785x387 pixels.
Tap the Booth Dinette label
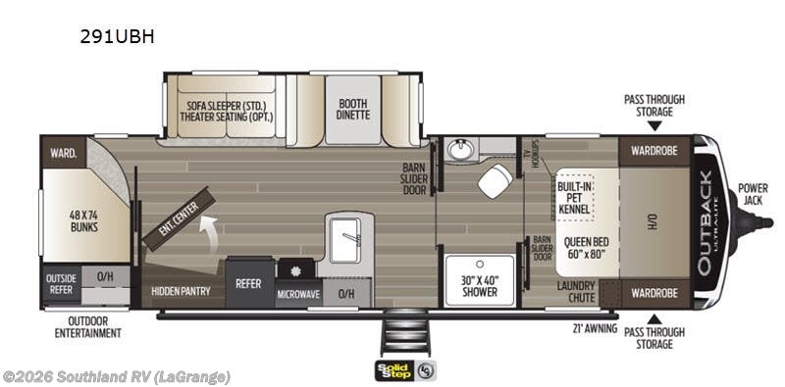[x=353, y=108]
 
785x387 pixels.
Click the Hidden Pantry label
[x=183, y=292]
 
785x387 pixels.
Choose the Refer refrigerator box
[x=248, y=282]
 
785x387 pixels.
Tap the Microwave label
[x=298, y=294]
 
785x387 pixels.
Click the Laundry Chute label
[x=575, y=291]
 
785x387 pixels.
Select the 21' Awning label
[x=596, y=328]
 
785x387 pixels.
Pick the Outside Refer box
[x=61, y=284]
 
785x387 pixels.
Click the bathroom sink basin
[x=459, y=149]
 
